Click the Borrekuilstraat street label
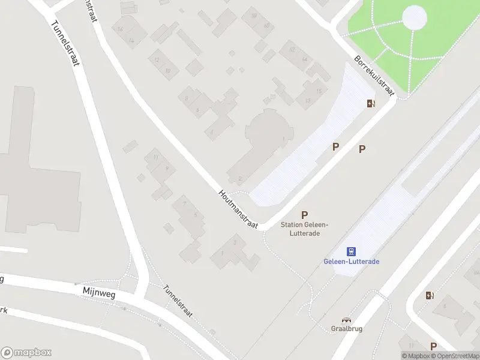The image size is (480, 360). (x=373, y=76)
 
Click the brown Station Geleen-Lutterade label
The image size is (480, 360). (x=305, y=229)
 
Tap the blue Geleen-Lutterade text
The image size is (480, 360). (x=352, y=262)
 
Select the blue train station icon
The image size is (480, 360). (x=352, y=251)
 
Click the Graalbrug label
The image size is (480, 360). (x=346, y=328)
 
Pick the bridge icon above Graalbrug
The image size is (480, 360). (x=346, y=320)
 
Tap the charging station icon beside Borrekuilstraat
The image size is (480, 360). (x=371, y=103)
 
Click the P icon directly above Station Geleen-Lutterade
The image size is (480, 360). (x=305, y=215)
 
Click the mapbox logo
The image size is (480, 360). (x=26, y=353)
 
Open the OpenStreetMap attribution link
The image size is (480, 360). (x=454, y=356)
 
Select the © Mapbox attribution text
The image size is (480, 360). (x=415, y=356)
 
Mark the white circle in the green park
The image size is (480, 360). (x=415, y=17)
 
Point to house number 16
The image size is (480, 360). (x=121, y=29)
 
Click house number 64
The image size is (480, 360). (x=304, y=59)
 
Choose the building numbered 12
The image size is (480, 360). (x=157, y=60)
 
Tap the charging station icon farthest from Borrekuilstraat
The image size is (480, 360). (x=430, y=295)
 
